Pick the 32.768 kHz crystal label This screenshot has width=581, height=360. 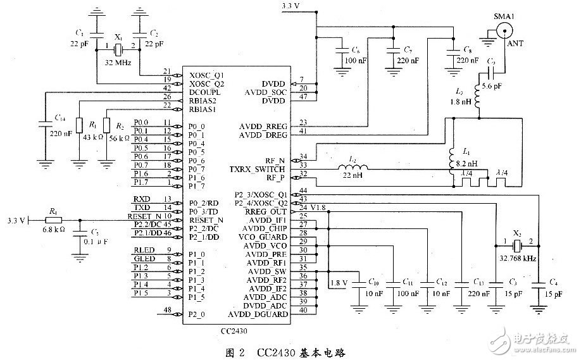tap(517, 258)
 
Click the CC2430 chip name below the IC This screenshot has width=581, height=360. tap(234, 330)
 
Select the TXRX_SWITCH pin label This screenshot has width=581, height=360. tap(263, 170)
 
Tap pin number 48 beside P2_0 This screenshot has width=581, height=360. tap(167, 310)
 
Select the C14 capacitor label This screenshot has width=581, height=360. tap(60, 118)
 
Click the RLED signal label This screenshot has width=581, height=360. tap(142, 250)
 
